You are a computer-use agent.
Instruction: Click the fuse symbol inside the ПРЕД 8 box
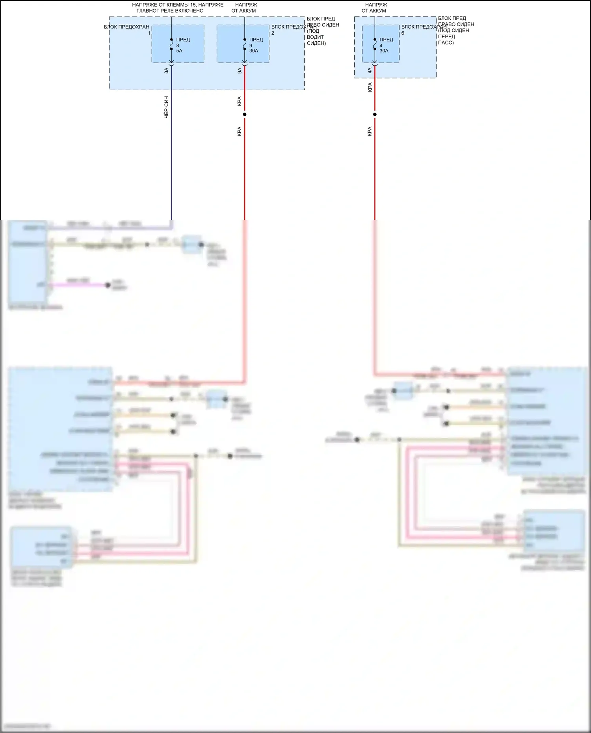tap(171, 44)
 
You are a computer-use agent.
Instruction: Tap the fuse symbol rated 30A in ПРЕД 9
tap(245, 44)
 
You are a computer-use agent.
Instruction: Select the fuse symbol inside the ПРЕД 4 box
tap(375, 44)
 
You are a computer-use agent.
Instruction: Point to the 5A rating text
tap(179, 51)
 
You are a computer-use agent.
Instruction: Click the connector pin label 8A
tap(166, 71)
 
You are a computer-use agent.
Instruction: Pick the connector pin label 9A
tap(240, 71)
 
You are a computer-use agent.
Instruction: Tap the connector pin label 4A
tap(370, 71)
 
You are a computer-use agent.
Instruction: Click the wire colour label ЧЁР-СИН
tap(166, 107)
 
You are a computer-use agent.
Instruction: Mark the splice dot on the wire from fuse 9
tap(245, 114)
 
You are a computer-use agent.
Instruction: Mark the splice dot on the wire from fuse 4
tap(375, 114)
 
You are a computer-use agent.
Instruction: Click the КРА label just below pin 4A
tap(370, 87)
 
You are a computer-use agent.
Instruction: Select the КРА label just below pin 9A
tap(240, 101)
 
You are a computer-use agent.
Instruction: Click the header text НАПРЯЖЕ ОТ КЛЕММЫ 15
tap(177, 5)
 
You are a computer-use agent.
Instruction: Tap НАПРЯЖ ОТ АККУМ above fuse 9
tap(245, 8)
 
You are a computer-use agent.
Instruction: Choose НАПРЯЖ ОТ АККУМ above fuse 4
tap(375, 8)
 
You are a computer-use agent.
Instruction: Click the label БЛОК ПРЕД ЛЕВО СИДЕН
tap(323, 22)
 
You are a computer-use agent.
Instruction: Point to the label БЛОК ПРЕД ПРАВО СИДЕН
tap(455, 21)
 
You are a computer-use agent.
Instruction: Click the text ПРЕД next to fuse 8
tap(183, 40)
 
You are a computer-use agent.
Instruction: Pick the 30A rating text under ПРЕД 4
tap(384, 51)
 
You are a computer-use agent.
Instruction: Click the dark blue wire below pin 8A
tap(171, 158)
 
